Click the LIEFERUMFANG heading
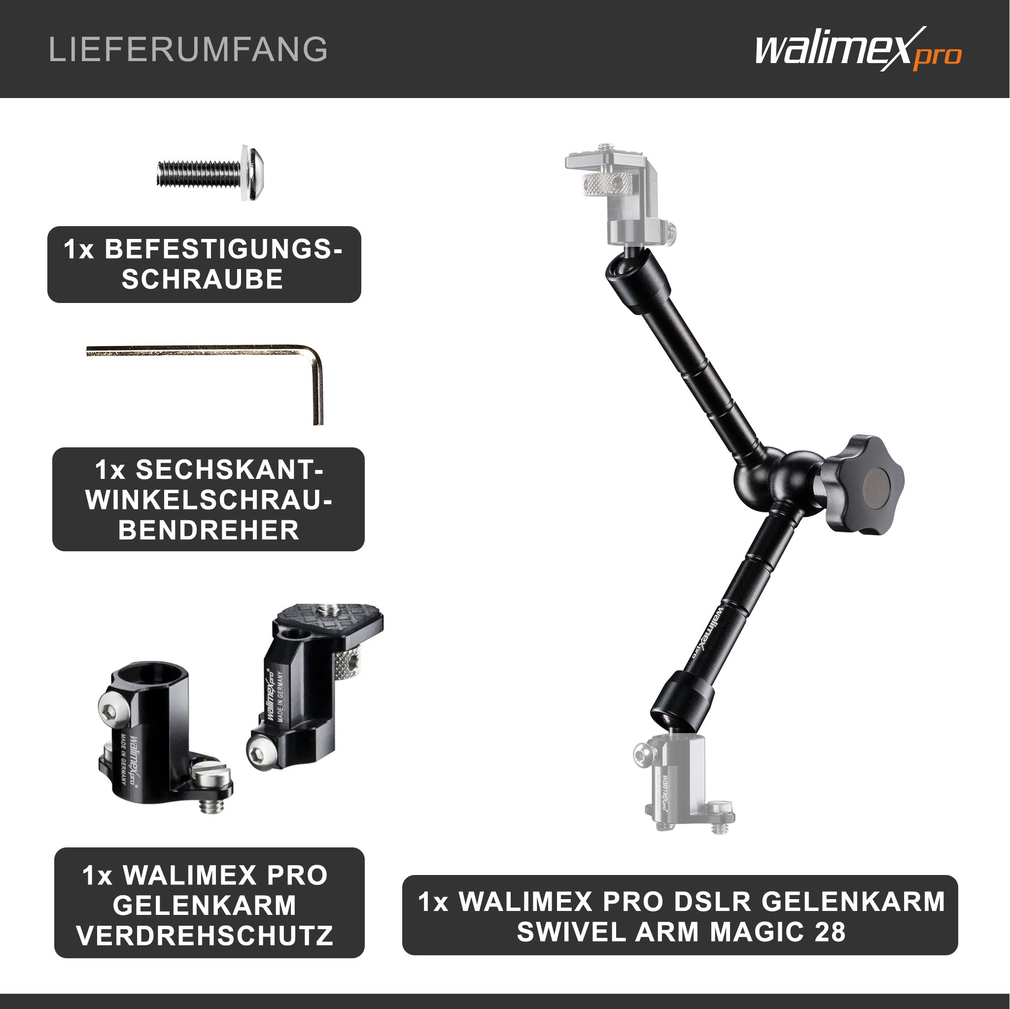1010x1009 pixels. (x=188, y=50)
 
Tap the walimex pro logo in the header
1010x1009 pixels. (x=858, y=50)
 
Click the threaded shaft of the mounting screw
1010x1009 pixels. (x=199, y=173)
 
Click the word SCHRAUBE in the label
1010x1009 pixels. (x=202, y=279)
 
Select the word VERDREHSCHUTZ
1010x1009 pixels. (x=205, y=935)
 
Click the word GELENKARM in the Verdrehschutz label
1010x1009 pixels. (x=205, y=905)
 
